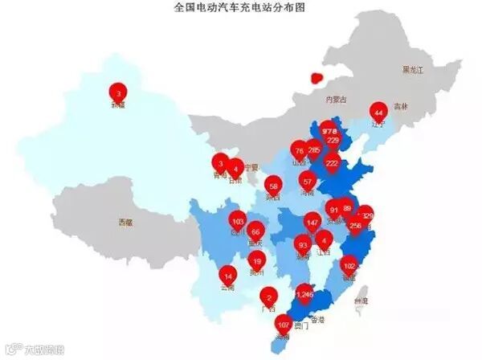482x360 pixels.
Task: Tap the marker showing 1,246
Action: (x=304, y=295)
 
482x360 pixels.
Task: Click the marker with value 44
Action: (x=378, y=112)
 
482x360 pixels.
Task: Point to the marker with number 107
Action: (x=283, y=325)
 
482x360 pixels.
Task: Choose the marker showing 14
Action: (x=228, y=276)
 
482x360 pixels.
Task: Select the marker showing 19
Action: (x=256, y=260)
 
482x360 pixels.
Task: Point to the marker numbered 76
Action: (x=299, y=150)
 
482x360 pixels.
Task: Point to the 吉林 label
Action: (x=401, y=106)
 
